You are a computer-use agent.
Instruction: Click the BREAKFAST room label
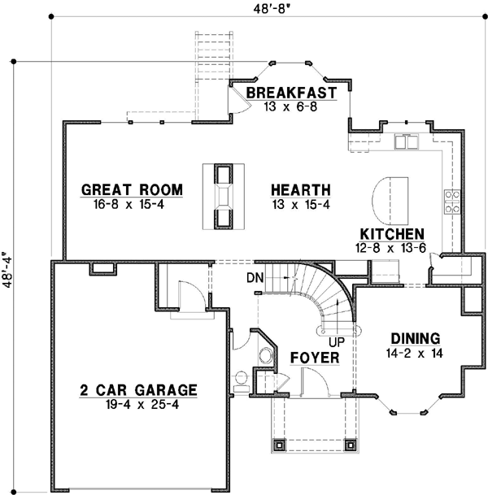(x=291, y=93)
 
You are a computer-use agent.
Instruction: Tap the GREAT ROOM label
(x=132, y=189)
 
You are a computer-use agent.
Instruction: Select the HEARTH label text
(x=301, y=190)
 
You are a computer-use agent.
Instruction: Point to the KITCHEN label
(x=392, y=234)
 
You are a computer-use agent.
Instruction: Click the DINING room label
(x=416, y=339)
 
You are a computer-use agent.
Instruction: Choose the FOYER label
(x=315, y=358)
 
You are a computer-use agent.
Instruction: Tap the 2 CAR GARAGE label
(x=138, y=390)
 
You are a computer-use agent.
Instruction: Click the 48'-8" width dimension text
(x=272, y=9)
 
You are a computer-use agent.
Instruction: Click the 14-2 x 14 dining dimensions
(x=415, y=353)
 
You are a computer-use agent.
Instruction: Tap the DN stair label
(x=255, y=278)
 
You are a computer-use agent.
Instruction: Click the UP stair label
(x=337, y=342)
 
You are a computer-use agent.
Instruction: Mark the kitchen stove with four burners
(x=452, y=202)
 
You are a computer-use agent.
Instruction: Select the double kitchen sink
(x=406, y=141)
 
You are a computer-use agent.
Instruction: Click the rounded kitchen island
(x=390, y=201)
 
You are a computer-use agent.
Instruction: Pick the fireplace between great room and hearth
(x=224, y=197)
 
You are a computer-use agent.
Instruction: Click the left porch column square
(x=279, y=445)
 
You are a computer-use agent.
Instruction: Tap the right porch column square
(x=351, y=445)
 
